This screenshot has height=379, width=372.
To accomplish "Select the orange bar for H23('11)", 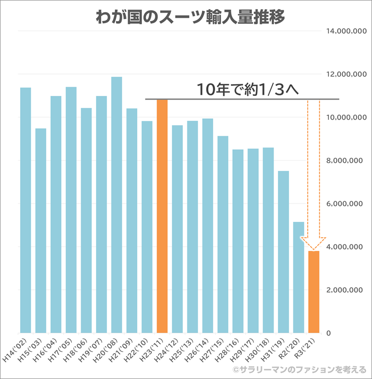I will tap(162, 215).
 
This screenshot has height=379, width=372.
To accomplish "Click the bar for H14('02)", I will tap(26, 210).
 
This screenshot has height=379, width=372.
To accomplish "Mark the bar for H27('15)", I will tap(223, 234).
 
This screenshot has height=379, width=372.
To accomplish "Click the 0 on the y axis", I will tap(329, 333).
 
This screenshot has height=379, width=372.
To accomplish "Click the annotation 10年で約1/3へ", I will tap(248, 89).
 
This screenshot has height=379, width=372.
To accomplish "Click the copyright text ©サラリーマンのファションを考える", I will tap(299, 370).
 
